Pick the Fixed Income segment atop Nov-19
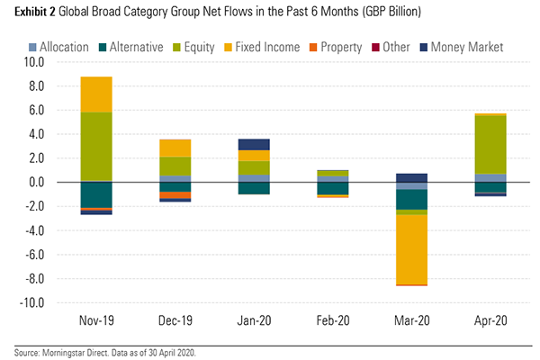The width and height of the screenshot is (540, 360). coord(96,94)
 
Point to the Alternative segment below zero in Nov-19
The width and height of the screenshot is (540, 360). coord(96,194)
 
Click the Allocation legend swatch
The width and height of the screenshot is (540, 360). coord(58,46)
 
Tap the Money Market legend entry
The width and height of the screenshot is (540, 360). coord(463,46)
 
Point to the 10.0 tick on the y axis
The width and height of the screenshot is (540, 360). coord(34,63)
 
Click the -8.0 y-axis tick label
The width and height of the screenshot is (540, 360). coord(33,279)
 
